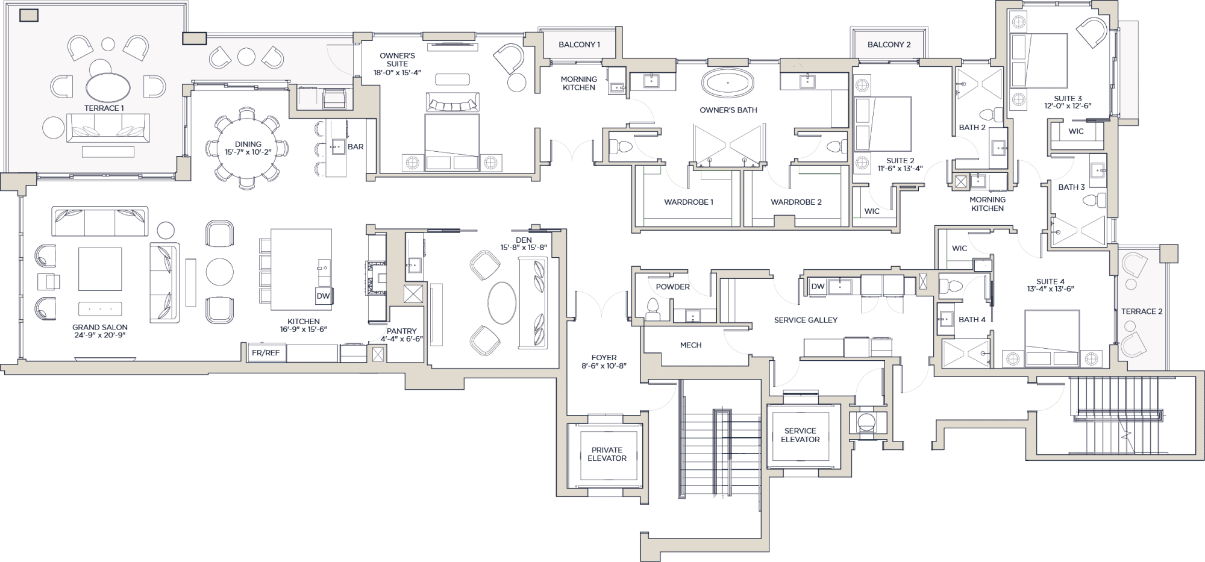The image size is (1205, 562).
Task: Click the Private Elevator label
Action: (x=607, y=454)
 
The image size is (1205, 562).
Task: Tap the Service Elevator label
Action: (x=800, y=435)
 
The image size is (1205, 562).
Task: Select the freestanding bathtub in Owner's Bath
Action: (x=728, y=83)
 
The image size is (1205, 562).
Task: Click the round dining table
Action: (x=248, y=148)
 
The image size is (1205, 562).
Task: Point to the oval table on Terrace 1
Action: (x=108, y=88)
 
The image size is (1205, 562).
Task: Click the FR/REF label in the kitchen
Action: (x=266, y=353)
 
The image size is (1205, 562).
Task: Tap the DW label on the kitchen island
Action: (x=323, y=296)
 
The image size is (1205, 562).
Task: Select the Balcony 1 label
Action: (x=579, y=45)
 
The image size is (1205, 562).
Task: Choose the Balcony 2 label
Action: (x=889, y=45)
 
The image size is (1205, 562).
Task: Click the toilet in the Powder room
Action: (x=652, y=308)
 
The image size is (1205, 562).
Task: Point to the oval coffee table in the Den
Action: (x=502, y=303)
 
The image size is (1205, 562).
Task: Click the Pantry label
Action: (x=402, y=331)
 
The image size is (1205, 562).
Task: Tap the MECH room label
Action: (x=690, y=345)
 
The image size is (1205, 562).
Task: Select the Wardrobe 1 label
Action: (x=689, y=202)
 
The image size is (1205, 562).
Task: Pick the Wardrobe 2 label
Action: (x=796, y=202)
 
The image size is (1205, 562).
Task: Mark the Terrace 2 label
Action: (x=1142, y=311)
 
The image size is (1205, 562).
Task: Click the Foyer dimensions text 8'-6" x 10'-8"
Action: (x=604, y=366)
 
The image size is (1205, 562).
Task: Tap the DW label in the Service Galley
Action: (x=818, y=286)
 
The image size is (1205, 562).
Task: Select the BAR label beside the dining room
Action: (x=355, y=146)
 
